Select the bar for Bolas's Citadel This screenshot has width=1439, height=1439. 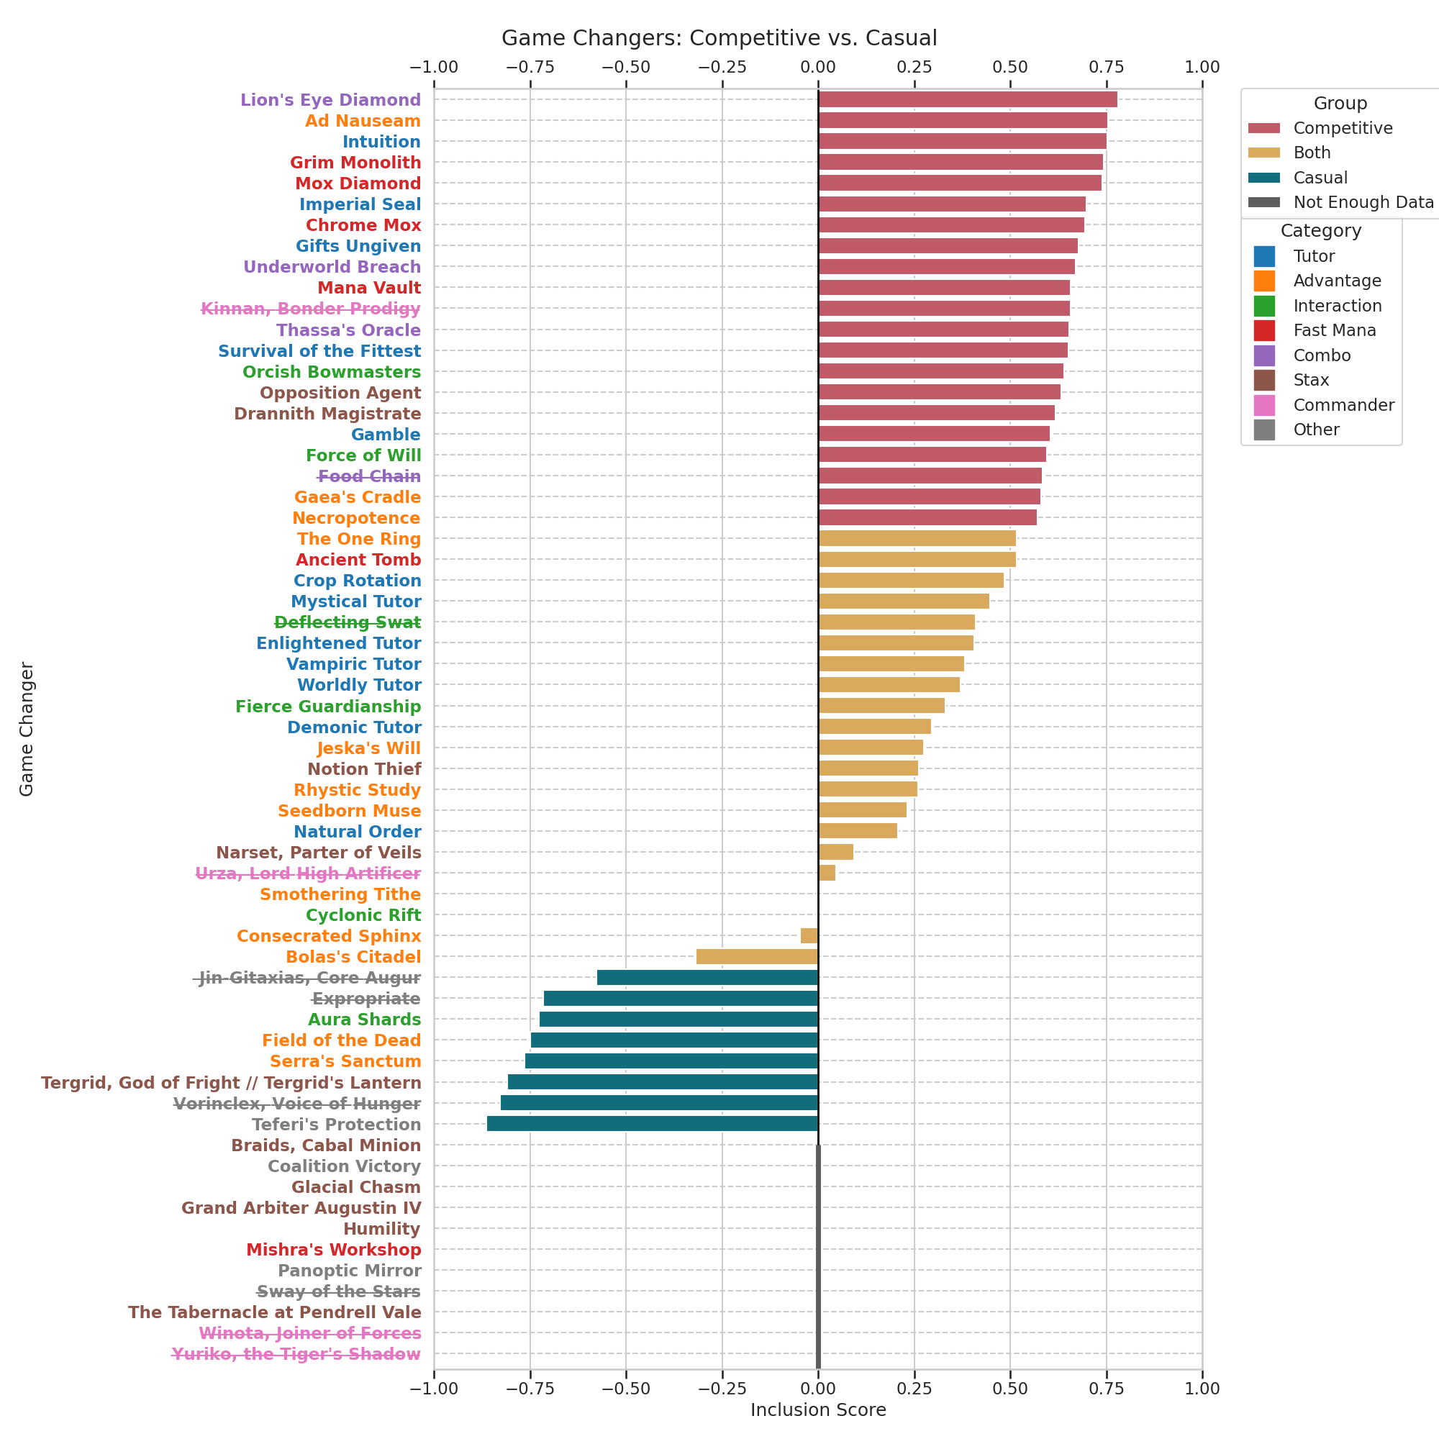coord(757,957)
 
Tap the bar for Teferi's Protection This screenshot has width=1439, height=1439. coord(653,1124)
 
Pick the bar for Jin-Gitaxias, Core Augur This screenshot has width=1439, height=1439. coord(707,978)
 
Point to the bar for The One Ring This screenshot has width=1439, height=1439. coord(917,538)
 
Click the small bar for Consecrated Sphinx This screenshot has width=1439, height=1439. coord(809,936)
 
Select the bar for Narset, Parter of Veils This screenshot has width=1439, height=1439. coord(835,852)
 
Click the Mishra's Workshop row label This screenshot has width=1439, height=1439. coord(334,1250)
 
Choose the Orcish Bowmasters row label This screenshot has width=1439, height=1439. coord(332,372)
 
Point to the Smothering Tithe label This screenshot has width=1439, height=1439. coord(340,894)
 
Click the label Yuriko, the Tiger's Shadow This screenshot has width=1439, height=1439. coord(296,1354)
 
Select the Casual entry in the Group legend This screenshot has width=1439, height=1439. coord(1320,178)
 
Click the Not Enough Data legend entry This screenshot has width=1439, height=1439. coord(1363,203)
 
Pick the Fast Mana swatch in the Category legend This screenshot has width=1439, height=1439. coord(1264,331)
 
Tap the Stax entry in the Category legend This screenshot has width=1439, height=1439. coord(1311,381)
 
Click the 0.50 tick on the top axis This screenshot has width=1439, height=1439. coord(1010,67)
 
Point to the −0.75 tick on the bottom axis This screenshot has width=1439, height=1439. coord(530,1389)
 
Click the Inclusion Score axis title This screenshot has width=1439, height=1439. coord(818,1410)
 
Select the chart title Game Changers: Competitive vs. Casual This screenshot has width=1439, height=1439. coord(719,38)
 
